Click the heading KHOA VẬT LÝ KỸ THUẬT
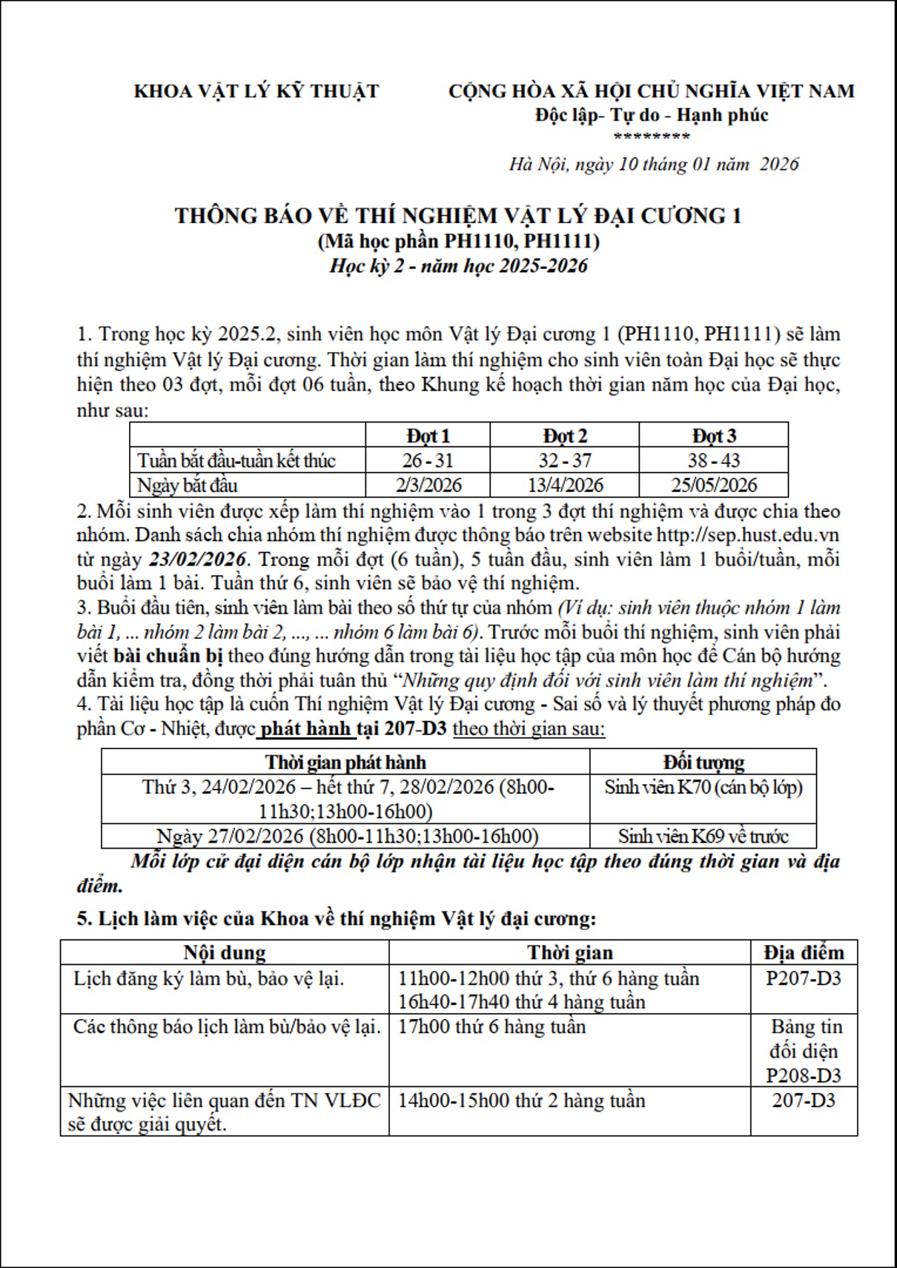[256, 91]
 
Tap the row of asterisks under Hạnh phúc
[652, 136]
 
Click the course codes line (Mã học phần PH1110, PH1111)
[459, 241]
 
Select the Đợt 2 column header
[565, 436]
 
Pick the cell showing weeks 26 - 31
[428, 460]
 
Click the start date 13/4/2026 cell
[565, 485]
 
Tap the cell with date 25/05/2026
[713, 485]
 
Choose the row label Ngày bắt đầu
[188, 485]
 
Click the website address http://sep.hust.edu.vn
[748, 534]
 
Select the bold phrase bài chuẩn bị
[168, 656]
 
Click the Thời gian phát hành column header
[345, 762]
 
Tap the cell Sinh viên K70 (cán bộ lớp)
[703, 787]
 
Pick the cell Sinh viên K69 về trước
[703, 836]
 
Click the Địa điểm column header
[804, 952]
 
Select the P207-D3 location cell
[804, 978]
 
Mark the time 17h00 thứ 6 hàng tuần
[491, 1027]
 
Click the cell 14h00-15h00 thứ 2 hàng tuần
[521, 1101]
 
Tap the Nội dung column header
[225, 952]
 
